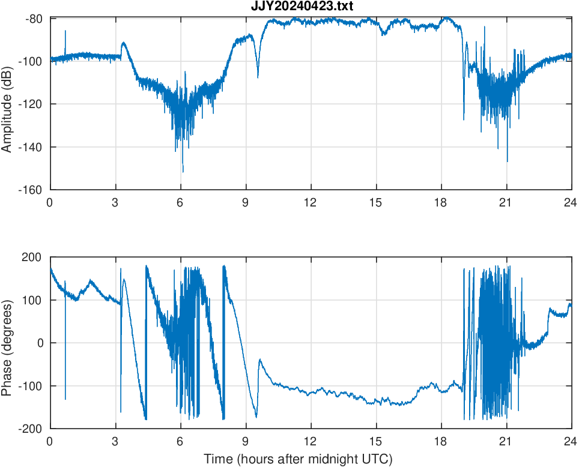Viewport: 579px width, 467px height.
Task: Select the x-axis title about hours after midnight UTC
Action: (x=298, y=459)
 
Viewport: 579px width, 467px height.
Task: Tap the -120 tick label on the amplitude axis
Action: (x=32, y=104)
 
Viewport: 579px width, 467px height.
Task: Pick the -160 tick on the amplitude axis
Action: (x=32, y=190)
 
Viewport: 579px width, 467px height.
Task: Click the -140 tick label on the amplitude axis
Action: (x=32, y=147)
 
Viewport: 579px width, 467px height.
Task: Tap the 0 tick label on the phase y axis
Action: (x=42, y=343)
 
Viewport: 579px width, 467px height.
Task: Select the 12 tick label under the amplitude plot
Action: (x=311, y=202)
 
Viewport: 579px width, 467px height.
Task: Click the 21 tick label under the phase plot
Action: (x=506, y=441)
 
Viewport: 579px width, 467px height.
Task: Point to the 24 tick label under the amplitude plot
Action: (x=571, y=202)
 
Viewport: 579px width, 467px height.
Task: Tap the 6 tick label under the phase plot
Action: (x=180, y=441)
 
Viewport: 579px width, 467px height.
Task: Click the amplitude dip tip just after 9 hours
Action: (x=258, y=77)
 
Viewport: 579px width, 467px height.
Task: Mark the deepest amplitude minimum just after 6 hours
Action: (x=183, y=172)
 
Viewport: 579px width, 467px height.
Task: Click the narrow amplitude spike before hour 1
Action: (x=65, y=31)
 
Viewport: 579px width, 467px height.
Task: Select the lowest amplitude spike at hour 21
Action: (x=508, y=161)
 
